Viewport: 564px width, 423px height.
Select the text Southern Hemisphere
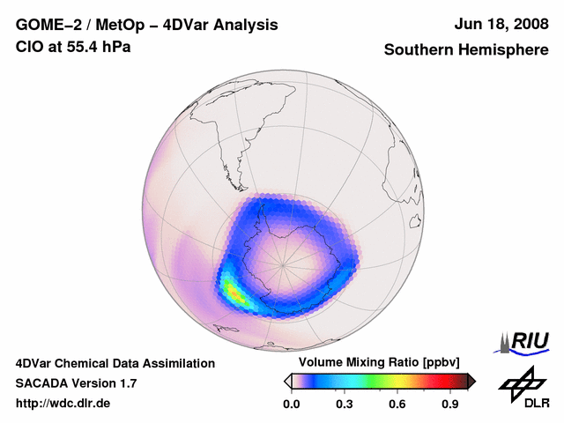point(465,50)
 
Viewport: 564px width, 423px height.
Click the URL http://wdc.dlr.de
point(63,404)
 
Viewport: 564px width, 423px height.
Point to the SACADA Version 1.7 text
point(76,383)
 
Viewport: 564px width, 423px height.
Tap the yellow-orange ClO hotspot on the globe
point(232,289)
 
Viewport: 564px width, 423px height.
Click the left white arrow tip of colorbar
point(287,381)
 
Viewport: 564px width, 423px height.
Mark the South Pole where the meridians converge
point(283,263)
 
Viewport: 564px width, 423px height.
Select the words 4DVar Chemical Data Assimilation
point(115,363)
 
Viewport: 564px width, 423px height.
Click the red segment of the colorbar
point(436,381)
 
